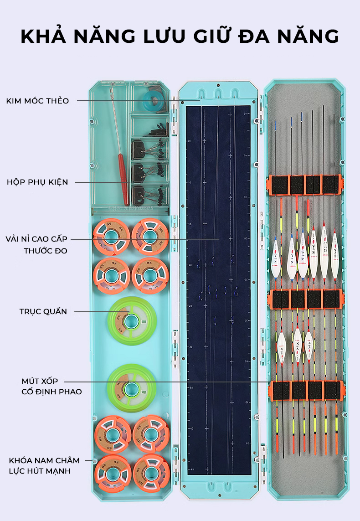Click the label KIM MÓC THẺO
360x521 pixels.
point(38,101)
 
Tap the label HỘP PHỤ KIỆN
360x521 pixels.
point(37,182)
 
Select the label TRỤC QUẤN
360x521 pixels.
point(43,312)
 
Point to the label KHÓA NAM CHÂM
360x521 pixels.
point(44,460)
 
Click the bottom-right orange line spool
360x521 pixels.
point(151,472)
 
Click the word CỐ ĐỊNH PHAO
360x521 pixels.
point(51,392)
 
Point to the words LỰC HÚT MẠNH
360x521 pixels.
point(40,471)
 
